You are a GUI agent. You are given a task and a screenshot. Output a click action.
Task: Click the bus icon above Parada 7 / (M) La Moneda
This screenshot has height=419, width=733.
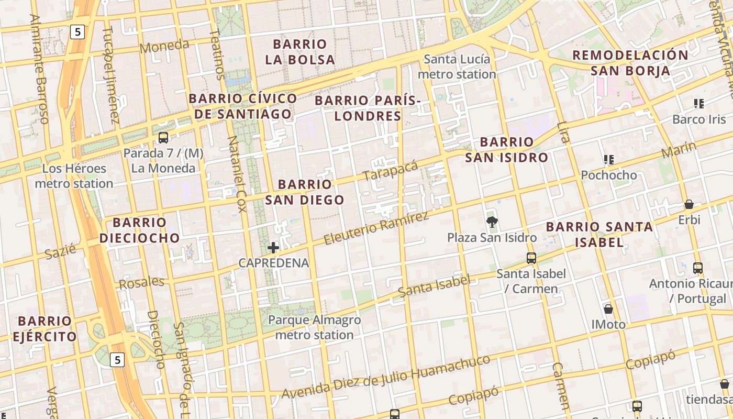click(x=163, y=138)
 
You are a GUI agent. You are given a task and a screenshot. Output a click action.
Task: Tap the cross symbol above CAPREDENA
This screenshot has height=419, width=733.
click(x=273, y=248)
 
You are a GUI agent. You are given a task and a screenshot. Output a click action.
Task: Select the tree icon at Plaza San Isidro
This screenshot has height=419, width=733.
click(x=492, y=222)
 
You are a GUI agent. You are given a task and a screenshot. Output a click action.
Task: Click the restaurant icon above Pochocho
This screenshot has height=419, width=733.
click(x=608, y=159)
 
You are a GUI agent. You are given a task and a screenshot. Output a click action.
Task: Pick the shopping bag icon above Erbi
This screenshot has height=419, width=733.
click(x=689, y=204)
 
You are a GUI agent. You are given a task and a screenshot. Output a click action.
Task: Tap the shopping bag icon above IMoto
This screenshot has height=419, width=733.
click(x=608, y=309)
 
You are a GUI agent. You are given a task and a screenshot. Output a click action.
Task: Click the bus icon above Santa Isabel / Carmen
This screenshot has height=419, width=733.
click(x=531, y=258)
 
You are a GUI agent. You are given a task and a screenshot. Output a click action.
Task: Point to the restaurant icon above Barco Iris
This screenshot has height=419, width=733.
click(x=699, y=104)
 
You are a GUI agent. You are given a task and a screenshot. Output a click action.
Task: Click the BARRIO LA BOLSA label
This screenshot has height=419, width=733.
click(x=300, y=52)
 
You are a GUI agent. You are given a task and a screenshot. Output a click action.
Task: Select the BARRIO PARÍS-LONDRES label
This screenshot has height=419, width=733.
click(x=368, y=108)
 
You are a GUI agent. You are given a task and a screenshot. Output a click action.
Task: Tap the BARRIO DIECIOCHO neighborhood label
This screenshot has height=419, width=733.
click(x=140, y=230)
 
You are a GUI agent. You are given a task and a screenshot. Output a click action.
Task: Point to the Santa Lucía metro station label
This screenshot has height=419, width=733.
click(x=457, y=67)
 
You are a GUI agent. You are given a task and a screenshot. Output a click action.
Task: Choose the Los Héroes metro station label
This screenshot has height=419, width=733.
click(x=74, y=176)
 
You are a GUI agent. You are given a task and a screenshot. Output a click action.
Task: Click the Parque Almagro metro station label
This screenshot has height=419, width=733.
click(x=315, y=327)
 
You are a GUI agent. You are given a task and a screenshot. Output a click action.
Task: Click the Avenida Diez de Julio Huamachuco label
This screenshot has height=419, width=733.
click(x=386, y=376)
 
